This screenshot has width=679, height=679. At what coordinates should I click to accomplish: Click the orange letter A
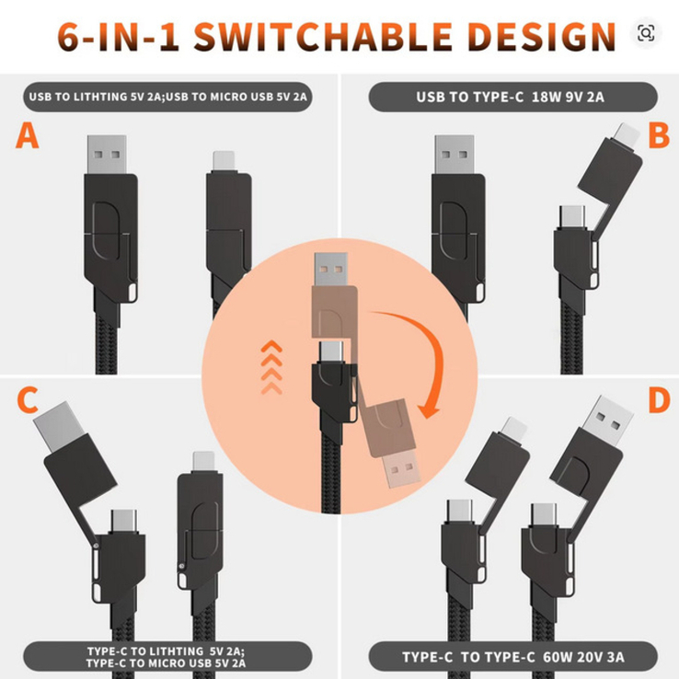28,135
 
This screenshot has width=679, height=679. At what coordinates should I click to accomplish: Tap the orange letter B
659,135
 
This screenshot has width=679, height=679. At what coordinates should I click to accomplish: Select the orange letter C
28,399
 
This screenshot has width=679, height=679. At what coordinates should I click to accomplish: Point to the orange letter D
659,399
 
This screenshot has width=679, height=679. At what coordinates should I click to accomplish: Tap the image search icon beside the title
646,33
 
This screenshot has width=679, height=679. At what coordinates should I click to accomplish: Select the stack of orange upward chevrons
271,367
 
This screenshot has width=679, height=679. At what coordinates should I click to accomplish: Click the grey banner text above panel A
167,97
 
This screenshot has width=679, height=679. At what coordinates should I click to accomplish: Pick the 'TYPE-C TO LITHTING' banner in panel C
167,657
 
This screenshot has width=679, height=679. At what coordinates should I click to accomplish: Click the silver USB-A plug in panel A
107,155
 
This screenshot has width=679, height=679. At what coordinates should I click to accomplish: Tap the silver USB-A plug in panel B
455,155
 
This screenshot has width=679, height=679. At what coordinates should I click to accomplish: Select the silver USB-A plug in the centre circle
331,270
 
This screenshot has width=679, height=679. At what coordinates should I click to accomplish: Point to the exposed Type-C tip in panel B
572,217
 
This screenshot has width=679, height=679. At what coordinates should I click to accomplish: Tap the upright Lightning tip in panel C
203,463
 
